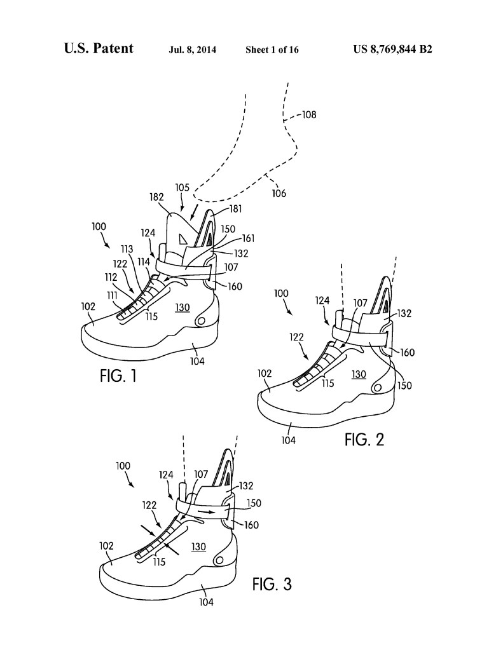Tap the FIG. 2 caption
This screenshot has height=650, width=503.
[x=365, y=438]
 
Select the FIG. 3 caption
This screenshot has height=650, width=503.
[x=272, y=583]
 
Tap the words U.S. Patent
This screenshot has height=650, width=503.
[x=99, y=49]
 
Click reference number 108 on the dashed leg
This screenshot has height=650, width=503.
[x=308, y=115]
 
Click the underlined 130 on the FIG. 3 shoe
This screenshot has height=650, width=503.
[x=200, y=546]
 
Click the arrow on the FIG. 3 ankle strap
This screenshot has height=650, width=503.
[x=206, y=510]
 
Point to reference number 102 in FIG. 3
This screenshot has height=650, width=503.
[x=106, y=545]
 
